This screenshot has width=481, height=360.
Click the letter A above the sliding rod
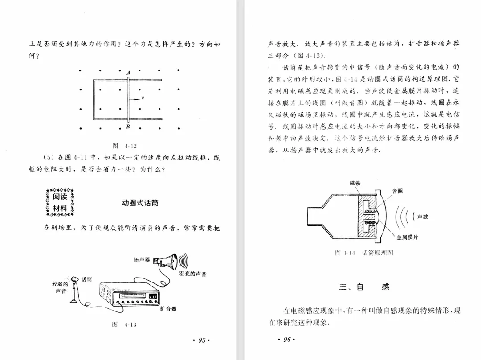[128, 73]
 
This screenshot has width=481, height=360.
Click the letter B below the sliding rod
[128, 127]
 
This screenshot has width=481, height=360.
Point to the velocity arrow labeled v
[135, 98]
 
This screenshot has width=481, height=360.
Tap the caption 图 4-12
[125, 146]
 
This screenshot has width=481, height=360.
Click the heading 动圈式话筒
[140, 203]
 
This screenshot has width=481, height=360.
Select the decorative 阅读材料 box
[60, 202]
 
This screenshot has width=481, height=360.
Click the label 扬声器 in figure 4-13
[142, 259]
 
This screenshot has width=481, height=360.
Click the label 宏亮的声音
[192, 273]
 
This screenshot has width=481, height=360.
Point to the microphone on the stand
[75, 289]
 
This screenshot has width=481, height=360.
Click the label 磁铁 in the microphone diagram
[355, 183]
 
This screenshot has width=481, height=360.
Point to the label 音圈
[397, 191]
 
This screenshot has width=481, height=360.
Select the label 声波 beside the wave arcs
[423, 217]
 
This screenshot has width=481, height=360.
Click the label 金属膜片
[407, 237]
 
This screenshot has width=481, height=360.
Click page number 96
[286, 340]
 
